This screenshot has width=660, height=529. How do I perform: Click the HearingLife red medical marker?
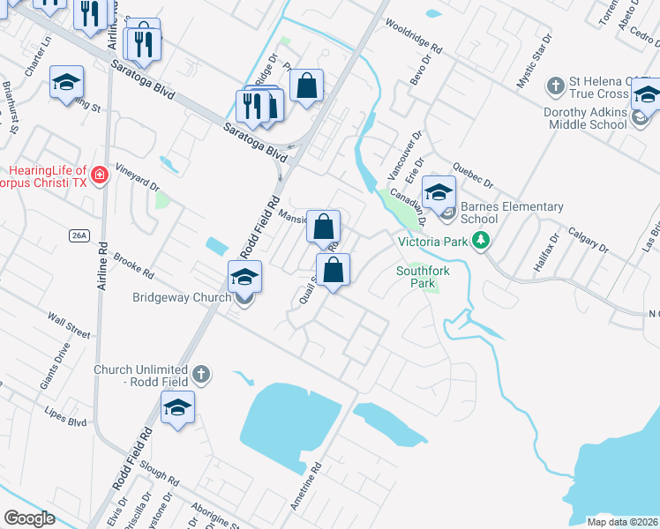pos(101,175)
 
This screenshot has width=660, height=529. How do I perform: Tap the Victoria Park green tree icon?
pos(480,240)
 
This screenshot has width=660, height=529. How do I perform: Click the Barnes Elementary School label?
pos(511,213)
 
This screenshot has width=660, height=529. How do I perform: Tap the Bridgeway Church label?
pos(182,297)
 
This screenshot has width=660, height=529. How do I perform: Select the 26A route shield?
pos(79,235)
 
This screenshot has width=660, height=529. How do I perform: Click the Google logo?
pos(29,518)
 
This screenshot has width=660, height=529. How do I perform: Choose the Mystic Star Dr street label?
pos(534,61)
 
